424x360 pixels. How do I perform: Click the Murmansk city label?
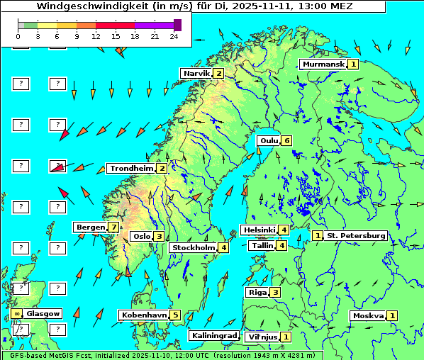pos(323,64)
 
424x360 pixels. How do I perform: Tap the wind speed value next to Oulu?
pos(286,140)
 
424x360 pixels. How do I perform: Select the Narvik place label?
pos(196,73)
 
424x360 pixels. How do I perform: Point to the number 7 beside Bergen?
pos(113,227)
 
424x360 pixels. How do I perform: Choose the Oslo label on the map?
pos(142,236)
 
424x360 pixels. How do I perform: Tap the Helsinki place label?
pos(259,230)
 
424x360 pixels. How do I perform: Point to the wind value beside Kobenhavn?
pos(175,315)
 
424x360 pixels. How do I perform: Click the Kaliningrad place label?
pos(214,335)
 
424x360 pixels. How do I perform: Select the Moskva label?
pos(368,315)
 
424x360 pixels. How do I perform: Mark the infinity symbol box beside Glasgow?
pos(16,313)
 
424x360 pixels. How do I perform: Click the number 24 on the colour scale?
pos(174,35)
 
